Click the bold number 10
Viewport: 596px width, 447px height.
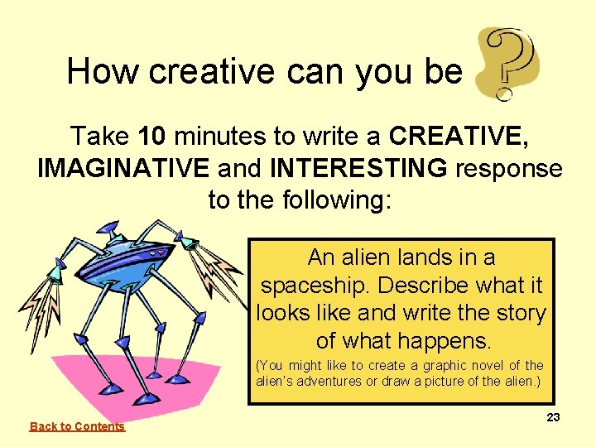coord(156,135)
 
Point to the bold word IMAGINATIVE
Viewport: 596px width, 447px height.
coord(123,168)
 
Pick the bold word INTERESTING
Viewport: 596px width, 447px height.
coord(358,168)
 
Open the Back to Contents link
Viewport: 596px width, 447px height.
coord(77,426)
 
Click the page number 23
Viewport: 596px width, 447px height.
coord(553,417)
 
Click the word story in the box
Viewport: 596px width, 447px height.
coord(518,314)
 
